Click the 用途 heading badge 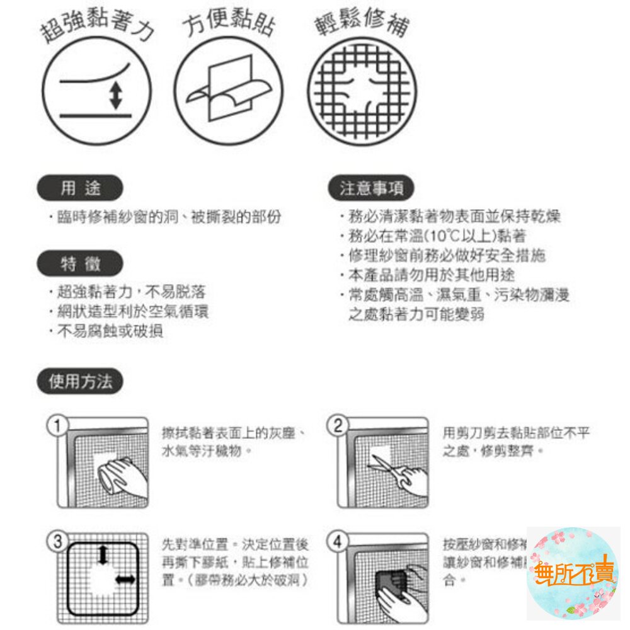tap(80, 188)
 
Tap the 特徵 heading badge tap(80, 264)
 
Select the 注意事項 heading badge tap(372, 188)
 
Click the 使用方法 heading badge tap(80, 382)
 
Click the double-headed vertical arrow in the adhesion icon tap(115, 96)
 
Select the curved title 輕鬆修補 tap(362, 24)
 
